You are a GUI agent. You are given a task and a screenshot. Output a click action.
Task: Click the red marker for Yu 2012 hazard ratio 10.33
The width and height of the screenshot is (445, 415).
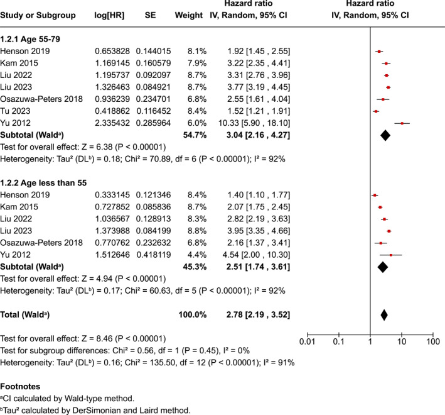tap(402, 123)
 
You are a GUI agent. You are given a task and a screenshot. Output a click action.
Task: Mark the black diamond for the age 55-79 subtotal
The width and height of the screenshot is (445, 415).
tap(385, 135)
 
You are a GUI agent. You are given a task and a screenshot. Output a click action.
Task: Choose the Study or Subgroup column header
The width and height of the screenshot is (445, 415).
tap(39, 14)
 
